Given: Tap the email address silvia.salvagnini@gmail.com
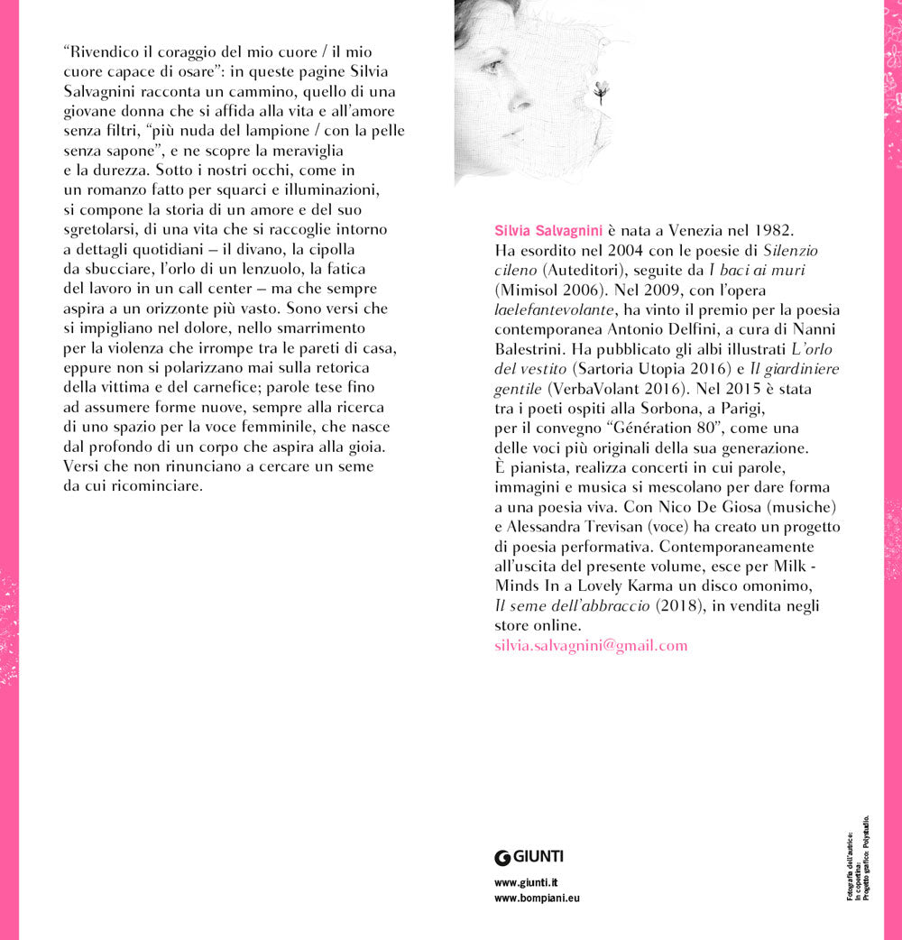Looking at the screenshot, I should [x=591, y=645].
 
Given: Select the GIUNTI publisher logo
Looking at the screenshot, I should [x=529, y=857].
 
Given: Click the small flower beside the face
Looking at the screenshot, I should [x=601, y=89].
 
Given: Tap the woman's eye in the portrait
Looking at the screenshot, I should [x=492, y=66].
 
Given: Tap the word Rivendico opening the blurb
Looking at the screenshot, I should [x=100, y=51].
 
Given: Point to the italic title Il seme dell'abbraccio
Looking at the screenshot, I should [x=572, y=606].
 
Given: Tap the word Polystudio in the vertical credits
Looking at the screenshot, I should [x=866, y=839].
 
